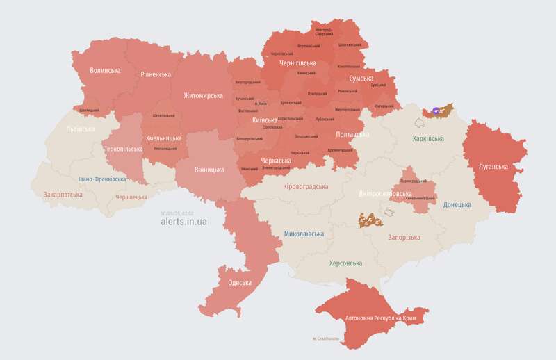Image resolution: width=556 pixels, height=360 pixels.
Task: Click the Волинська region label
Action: tap(106, 71)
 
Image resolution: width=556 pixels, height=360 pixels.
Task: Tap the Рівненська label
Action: tap(156, 74)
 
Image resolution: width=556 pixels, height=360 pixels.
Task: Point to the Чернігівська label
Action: tap(297, 63)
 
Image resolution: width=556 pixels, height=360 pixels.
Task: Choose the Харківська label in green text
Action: tap(428, 139)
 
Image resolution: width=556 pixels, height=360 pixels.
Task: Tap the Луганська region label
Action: tap(493, 167)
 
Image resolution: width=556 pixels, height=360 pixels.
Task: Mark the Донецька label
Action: tap(457, 205)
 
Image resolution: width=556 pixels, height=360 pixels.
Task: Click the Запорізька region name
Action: tap(404, 238)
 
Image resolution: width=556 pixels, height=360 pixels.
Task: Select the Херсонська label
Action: tap(345, 263)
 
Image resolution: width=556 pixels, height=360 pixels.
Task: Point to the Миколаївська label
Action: tap(304, 234)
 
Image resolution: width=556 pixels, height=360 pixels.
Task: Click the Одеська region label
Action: tap(240, 283)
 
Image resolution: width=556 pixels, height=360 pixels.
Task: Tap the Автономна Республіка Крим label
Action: tap(386, 318)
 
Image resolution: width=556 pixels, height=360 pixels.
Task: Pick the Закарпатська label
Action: tap(63, 195)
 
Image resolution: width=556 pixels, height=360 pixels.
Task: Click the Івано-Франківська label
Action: tap(102, 179)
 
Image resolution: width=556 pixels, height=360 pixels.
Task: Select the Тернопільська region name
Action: tap(122, 149)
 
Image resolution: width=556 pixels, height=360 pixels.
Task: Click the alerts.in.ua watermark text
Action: tap(183, 222)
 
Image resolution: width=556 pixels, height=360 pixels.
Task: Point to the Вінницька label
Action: tap(209, 170)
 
